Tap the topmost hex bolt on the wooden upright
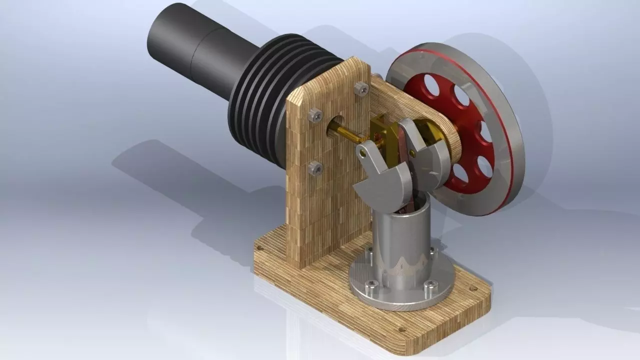[x=361, y=88]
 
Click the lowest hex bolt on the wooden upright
[x=315, y=168]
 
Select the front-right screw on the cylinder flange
[x=429, y=285]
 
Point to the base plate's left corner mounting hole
[x=259, y=248]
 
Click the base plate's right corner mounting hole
[x=472, y=288]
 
